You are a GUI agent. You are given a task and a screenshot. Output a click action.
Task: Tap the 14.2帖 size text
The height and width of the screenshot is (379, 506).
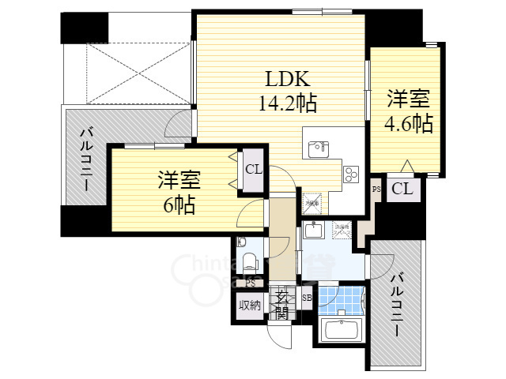tap(284, 103)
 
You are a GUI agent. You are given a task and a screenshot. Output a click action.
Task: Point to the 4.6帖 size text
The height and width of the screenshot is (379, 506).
tap(408, 123)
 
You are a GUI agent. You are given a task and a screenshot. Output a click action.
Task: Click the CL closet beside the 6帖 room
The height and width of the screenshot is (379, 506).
tap(253, 169)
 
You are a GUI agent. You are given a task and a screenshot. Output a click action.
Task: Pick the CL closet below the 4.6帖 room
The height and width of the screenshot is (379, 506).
tap(402, 189)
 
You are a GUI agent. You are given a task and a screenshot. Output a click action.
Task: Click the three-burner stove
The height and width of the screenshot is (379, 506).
tap(352, 172)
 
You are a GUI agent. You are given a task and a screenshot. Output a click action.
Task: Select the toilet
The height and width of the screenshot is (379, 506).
tap(249, 261)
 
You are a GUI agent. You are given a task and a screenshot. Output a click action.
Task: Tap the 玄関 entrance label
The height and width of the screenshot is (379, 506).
tap(282, 304)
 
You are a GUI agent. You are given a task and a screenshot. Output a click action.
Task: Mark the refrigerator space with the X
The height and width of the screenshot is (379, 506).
tap(312, 202)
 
